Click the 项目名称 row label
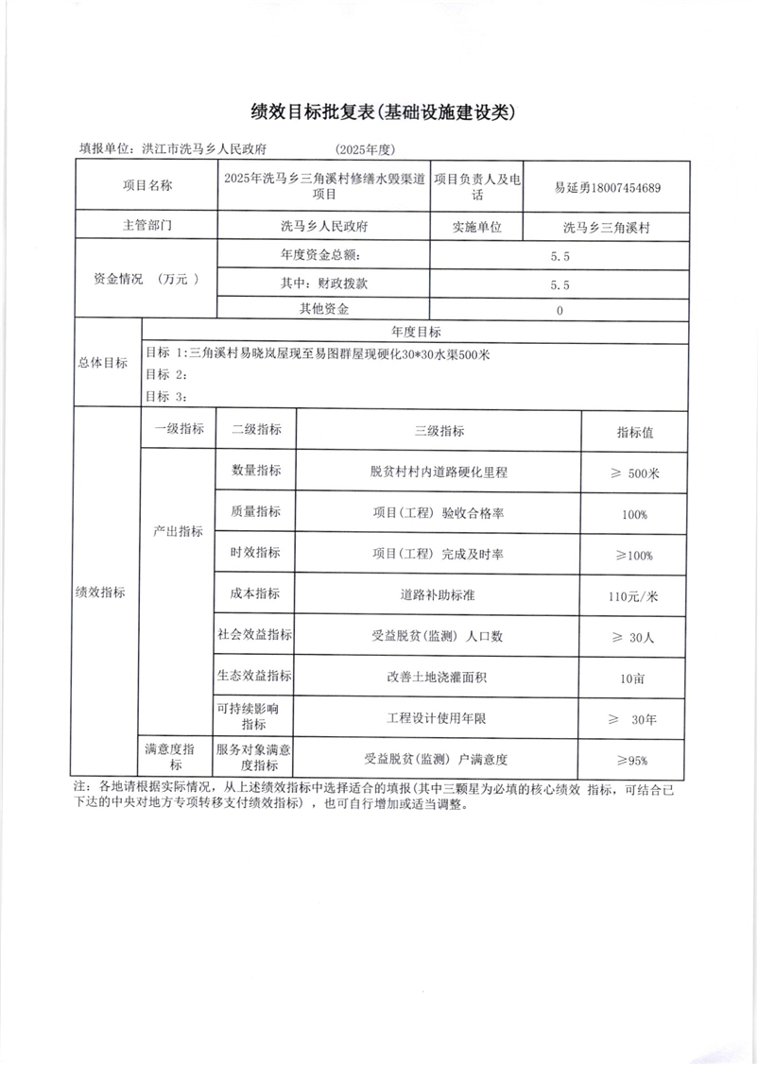click(x=146, y=186)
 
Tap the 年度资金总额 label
click(x=320, y=255)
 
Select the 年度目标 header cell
click(x=415, y=332)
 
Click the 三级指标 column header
click(x=439, y=430)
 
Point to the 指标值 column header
click(x=634, y=432)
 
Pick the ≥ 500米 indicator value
click(x=634, y=473)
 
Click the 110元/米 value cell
click(x=634, y=596)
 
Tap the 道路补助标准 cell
click(x=439, y=595)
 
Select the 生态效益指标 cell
click(x=255, y=677)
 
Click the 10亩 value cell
click(x=634, y=679)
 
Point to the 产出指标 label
click(x=178, y=531)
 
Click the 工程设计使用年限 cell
click(x=439, y=719)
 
